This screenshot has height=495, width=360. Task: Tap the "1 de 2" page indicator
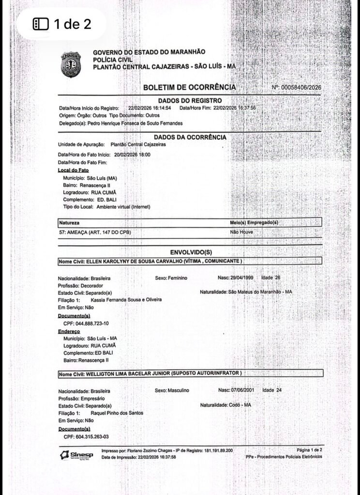[x=61, y=24]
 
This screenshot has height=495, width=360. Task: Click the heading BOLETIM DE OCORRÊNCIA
[x=189, y=87]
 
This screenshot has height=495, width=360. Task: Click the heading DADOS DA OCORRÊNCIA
[x=190, y=137]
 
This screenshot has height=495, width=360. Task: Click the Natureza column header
[x=69, y=222]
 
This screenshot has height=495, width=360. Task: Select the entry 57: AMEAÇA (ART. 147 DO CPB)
[x=95, y=232]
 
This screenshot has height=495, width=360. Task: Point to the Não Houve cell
[x=241, y=232]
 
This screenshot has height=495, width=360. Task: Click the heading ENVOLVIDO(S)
[x=191, y=252]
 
